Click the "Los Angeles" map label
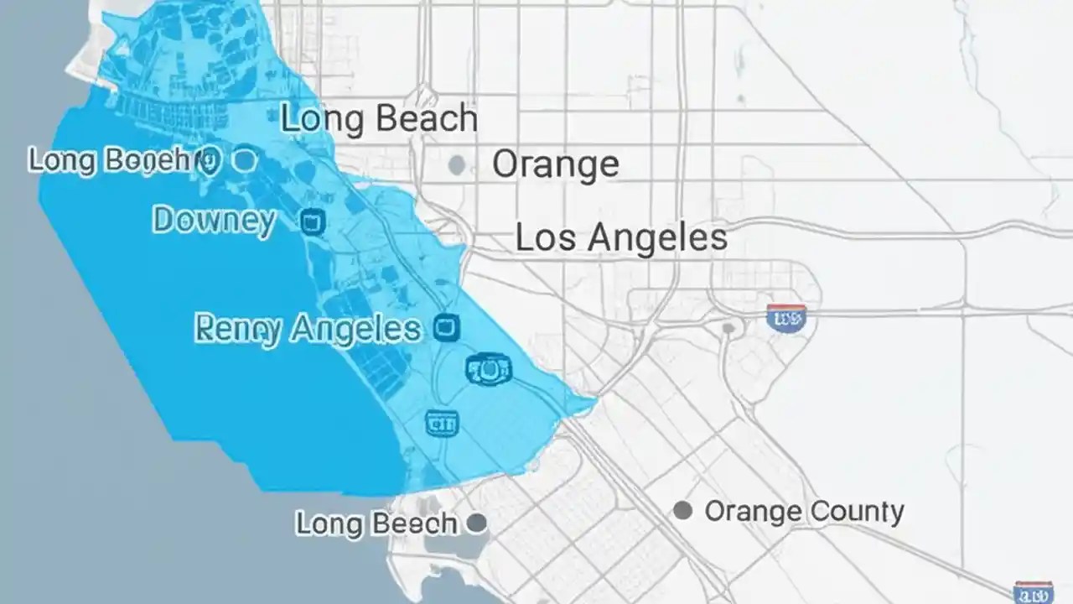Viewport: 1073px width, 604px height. (621, 237)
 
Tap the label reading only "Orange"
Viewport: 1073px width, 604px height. (555, 164)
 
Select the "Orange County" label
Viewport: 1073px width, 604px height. (804, 511)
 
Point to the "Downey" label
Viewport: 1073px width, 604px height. (214, 221)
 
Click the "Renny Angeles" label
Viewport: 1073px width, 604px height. (308, 330)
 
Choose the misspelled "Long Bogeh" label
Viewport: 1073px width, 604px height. (109, 160)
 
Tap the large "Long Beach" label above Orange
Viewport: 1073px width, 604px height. (379, 119)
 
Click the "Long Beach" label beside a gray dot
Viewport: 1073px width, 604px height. (376, 524)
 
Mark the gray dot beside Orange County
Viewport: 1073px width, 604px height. (683, 510)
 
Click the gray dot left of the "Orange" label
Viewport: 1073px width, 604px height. (457, 164)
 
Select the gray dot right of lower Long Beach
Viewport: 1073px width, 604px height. (476, 524)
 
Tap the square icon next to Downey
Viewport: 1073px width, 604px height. (313, 222)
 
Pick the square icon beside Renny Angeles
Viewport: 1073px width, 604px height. (447, 328)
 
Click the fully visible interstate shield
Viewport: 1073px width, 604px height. (786, 318)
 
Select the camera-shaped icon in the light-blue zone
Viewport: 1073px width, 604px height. (488, 369)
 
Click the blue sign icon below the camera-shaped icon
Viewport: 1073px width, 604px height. (442, 423)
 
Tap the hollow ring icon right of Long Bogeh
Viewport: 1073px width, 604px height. (244, 160)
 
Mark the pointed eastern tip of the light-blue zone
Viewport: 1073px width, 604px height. (596, 405)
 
